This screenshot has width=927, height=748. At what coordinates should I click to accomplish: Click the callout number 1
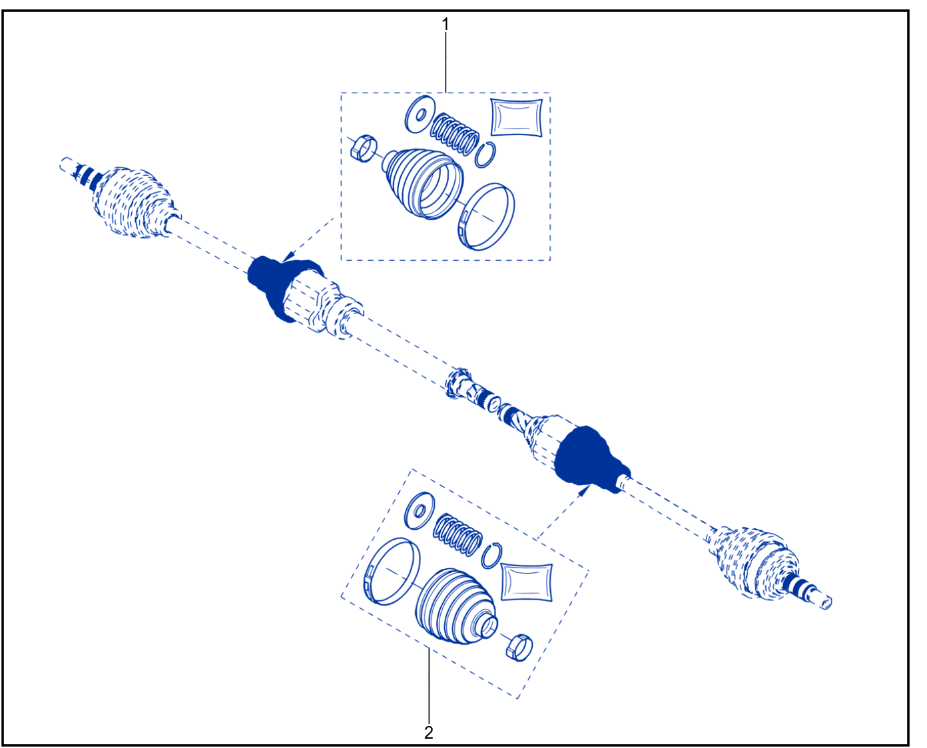(445, 25)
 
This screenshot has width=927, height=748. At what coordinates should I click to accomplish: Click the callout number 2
(429, 733)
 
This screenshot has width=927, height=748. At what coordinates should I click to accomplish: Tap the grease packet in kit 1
(517, 117)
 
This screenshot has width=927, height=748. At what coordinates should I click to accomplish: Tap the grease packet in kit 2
(527, 582)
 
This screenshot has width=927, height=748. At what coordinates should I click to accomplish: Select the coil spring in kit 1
(455, 134)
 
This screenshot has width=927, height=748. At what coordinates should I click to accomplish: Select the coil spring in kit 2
(458, 535)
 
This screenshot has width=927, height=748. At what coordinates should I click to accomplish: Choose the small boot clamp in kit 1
(364, 148)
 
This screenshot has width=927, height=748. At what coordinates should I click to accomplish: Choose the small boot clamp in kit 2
(519, 648)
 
